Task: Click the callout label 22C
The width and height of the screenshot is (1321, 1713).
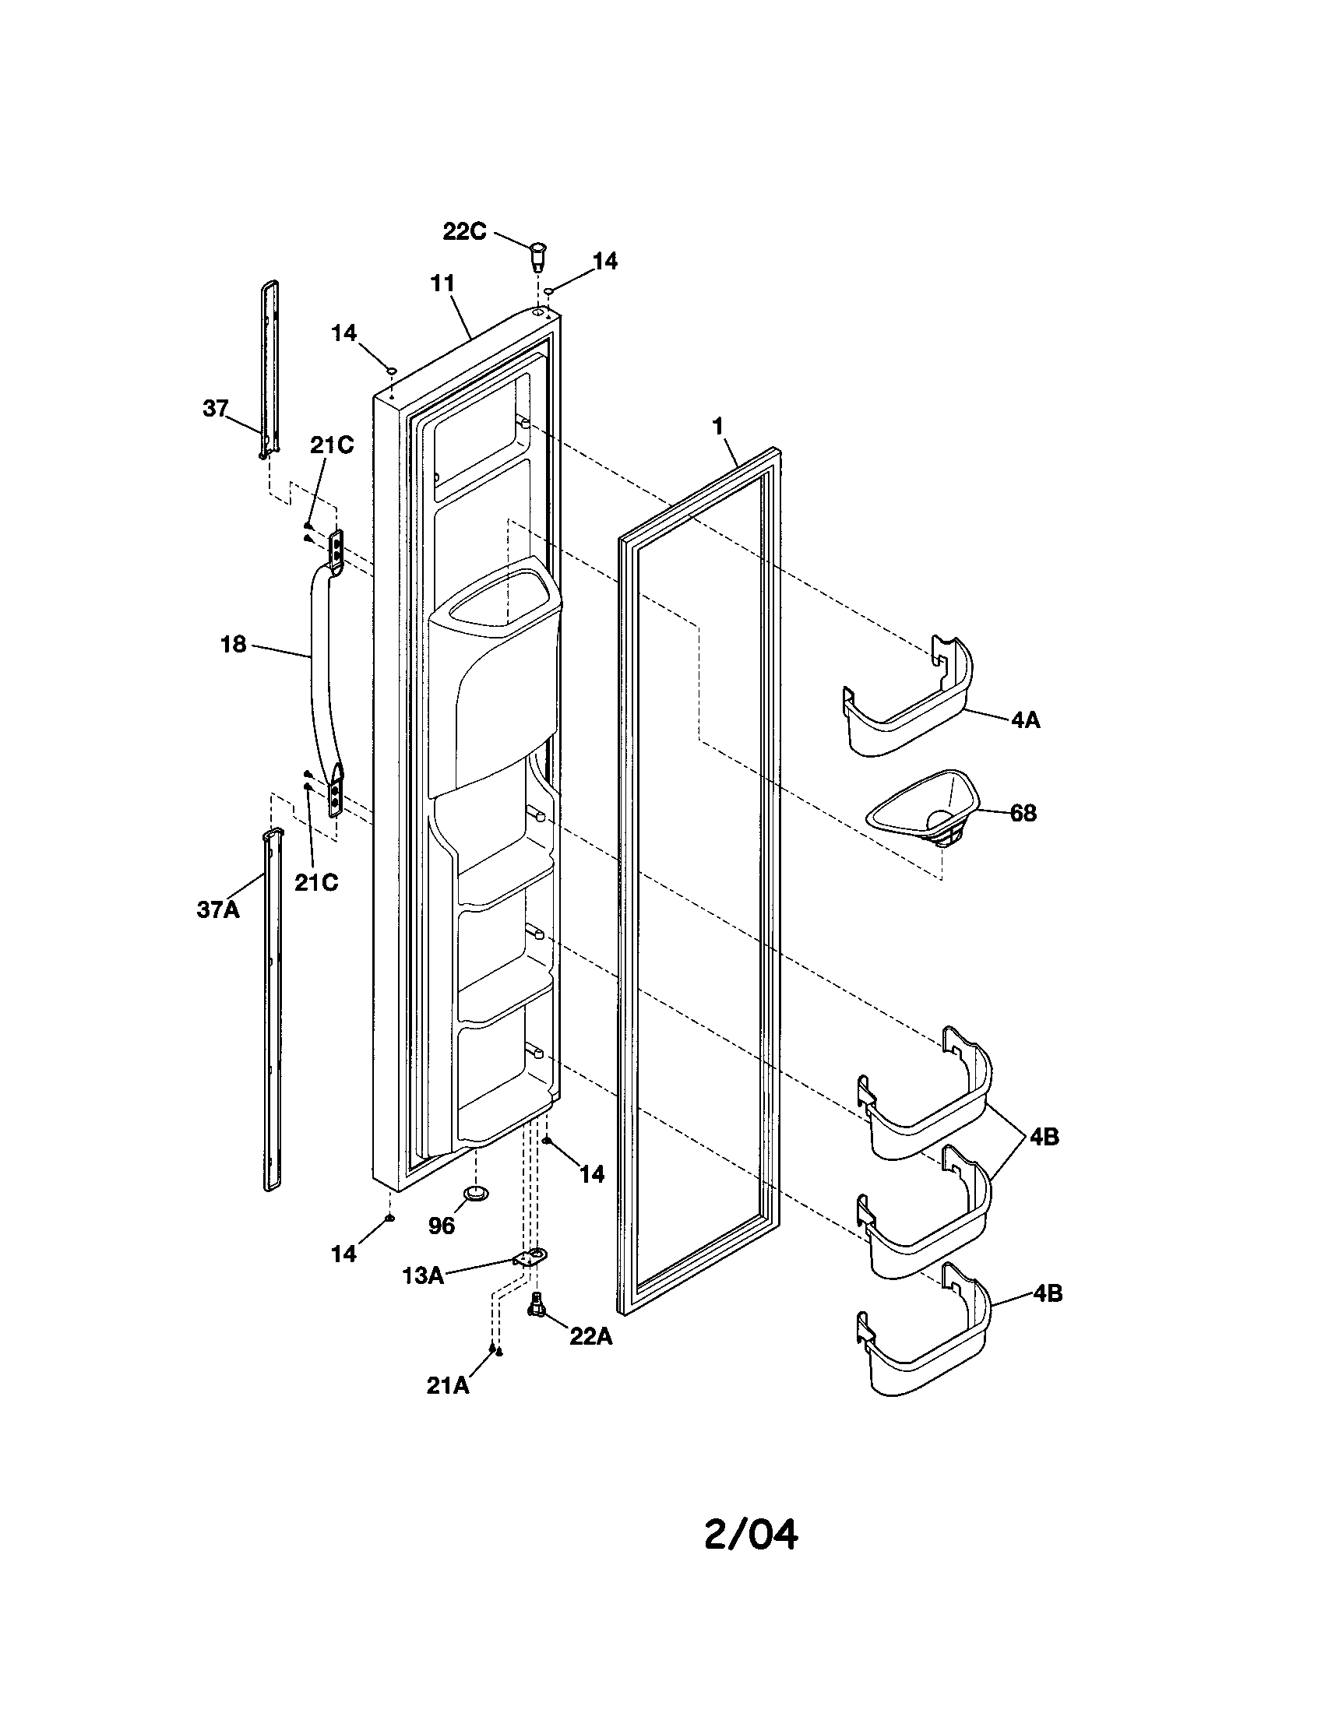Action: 464,231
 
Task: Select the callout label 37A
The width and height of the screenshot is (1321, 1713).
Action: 217,911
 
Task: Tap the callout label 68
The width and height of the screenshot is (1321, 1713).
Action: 1022,814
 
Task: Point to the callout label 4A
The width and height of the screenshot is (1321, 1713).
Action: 1024,719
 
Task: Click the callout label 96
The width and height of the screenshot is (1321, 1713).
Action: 442,1226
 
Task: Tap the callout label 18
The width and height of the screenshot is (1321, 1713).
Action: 234,644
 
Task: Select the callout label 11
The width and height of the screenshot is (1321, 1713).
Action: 442,283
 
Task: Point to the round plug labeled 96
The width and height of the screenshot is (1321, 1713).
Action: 476,1194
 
